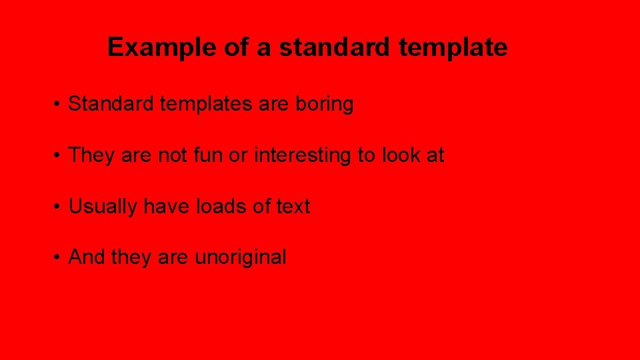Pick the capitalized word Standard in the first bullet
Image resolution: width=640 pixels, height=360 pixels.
coord(111,105)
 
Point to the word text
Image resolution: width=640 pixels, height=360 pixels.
coord(293,207)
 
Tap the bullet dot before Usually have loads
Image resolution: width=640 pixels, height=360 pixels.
coord(59,207)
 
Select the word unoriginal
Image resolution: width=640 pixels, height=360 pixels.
coord(241,257)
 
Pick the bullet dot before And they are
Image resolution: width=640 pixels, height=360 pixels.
coord(59,258)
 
